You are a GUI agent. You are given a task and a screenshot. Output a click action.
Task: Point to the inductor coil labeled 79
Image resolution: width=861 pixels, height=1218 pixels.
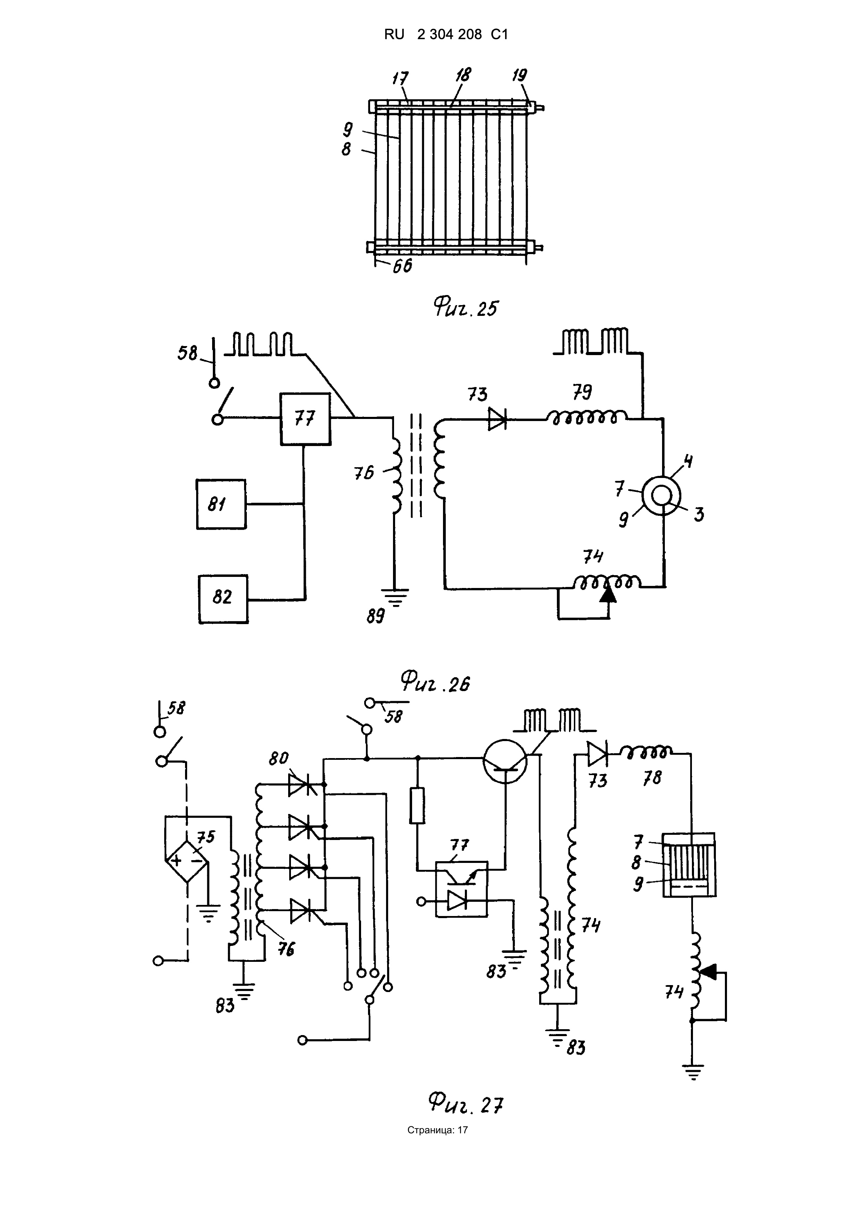pyautogui.click(x=586, y=418)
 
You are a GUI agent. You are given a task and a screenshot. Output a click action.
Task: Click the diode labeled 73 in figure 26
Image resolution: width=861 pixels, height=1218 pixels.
pyautogui.click(x=498, y=420)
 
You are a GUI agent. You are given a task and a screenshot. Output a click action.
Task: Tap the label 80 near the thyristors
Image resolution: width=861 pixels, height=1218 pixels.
pyautogui.click(x=278, y=758)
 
